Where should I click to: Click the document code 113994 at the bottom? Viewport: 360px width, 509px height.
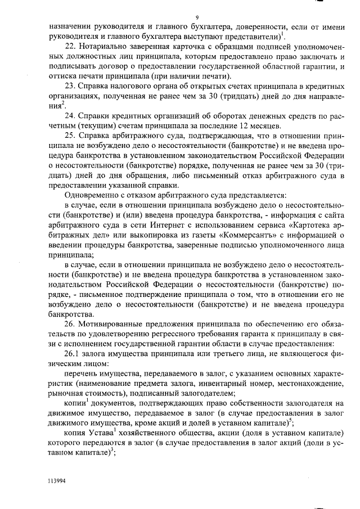click(x=57, y=481)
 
